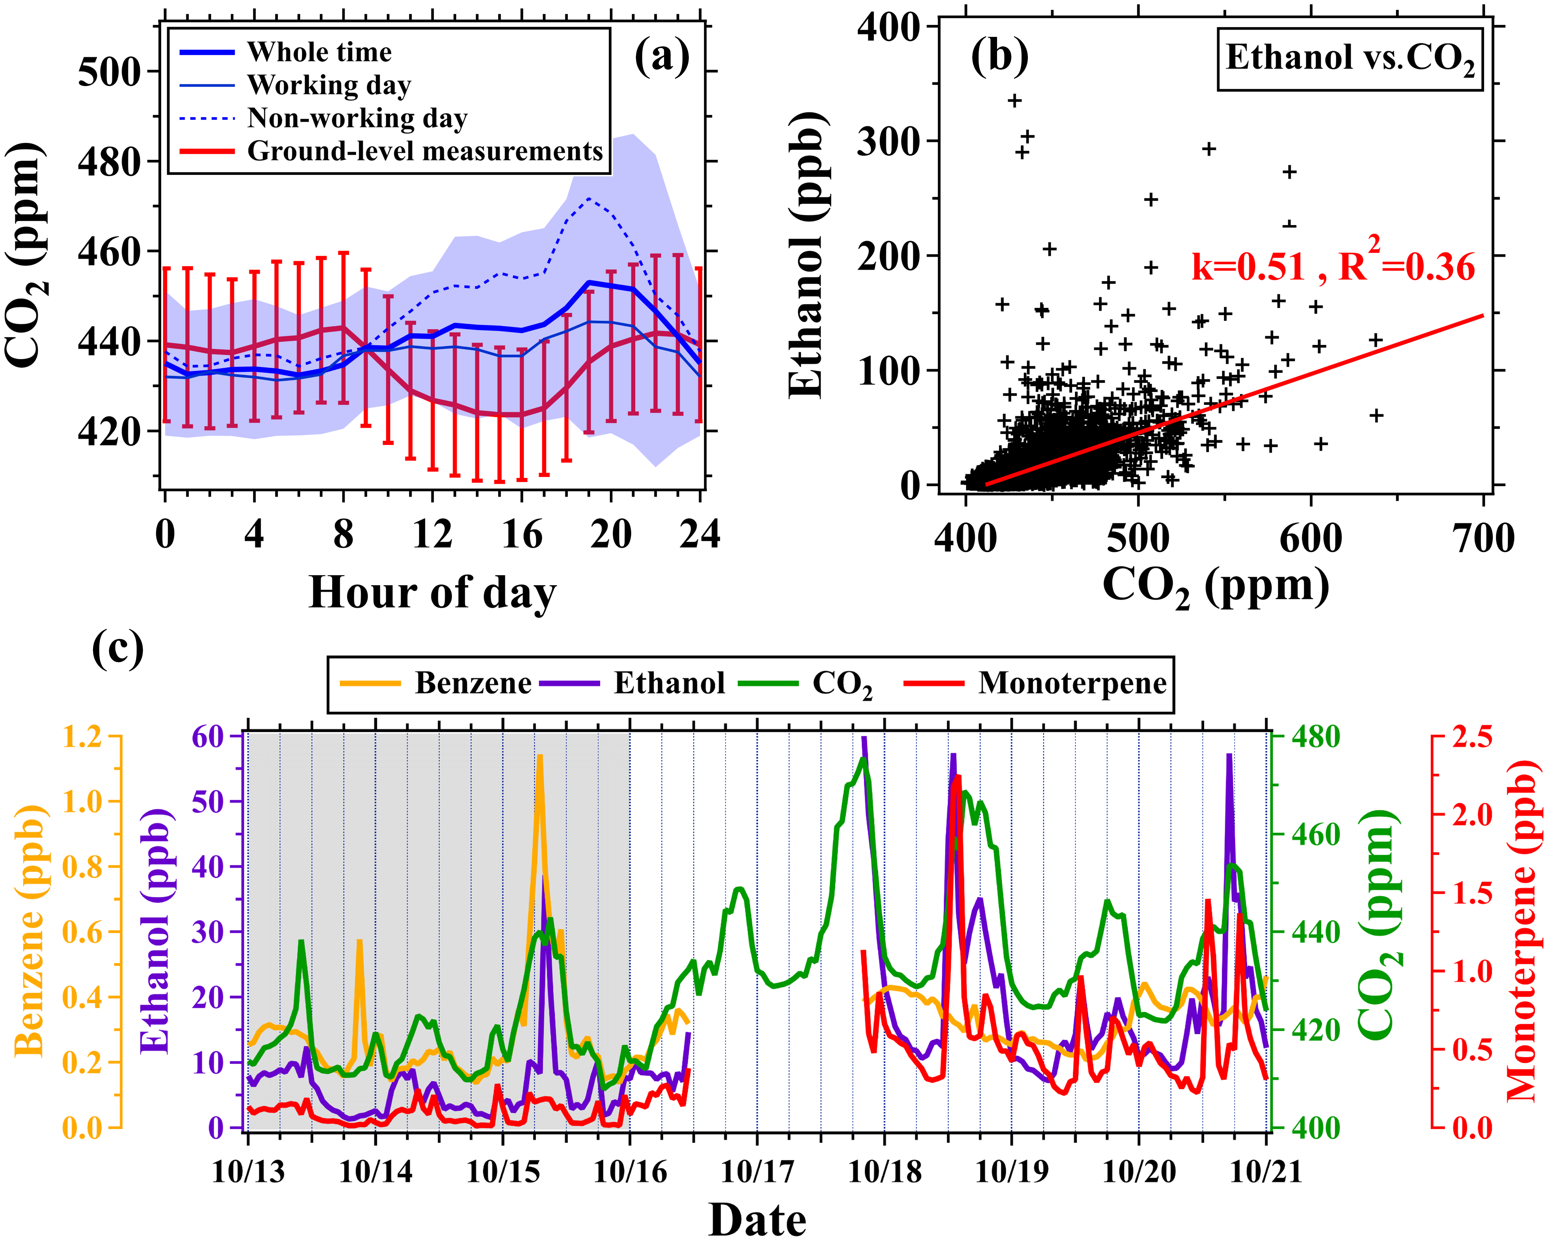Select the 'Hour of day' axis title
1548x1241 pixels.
(x=432, y=593)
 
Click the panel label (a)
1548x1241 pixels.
(x=661, y=58)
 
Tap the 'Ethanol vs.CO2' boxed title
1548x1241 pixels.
(x=1350, y=59)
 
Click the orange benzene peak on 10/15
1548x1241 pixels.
(x=539, y=757)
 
